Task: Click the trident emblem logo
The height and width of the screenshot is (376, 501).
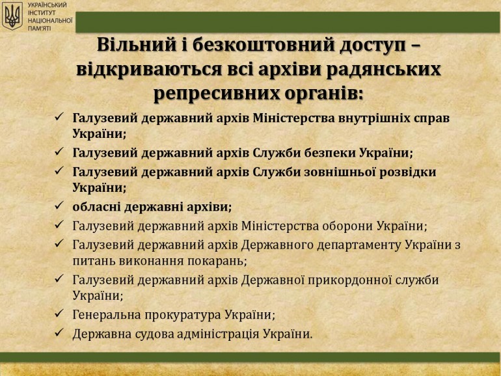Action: point(12,16)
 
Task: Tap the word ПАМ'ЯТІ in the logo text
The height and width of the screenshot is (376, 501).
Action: point(39,29)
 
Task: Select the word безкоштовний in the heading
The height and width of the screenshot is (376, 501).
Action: point(263,45)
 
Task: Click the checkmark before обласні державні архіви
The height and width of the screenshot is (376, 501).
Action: point(59,206)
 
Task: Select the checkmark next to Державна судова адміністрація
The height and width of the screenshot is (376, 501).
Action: point(59,332)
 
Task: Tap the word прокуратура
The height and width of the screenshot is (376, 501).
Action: point(183,315)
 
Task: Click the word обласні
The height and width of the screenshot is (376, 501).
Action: point(96,207)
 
